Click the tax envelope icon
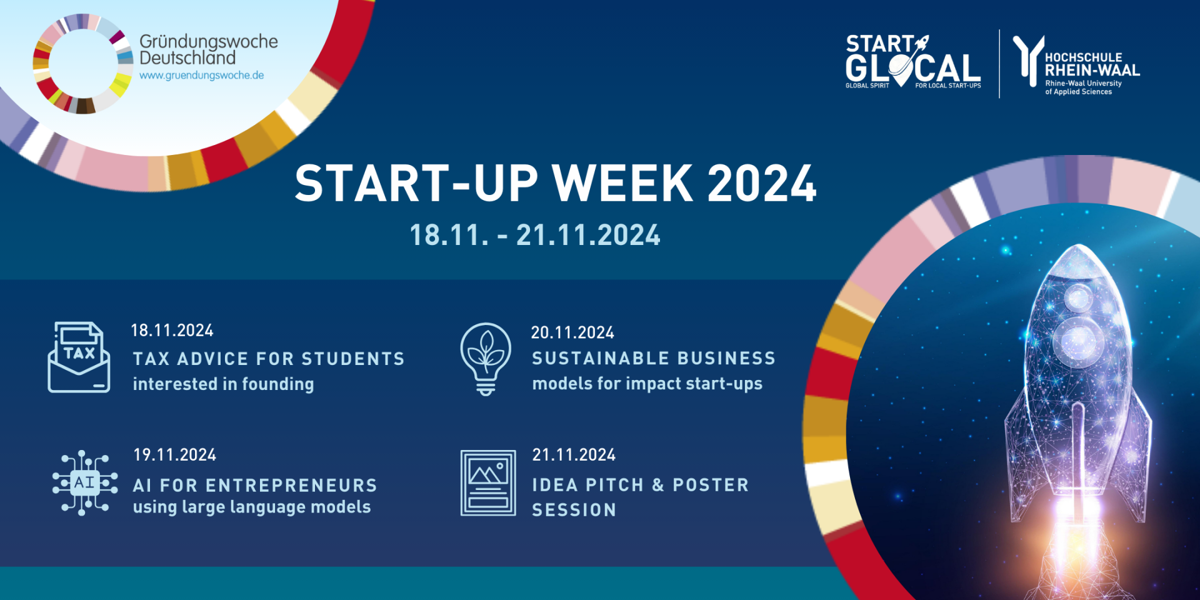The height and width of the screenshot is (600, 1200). coord(79,357)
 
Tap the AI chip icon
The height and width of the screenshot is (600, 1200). coord(85,482)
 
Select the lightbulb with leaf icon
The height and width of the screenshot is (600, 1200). coord(486,358)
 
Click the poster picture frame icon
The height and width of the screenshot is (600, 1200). coord(488,482)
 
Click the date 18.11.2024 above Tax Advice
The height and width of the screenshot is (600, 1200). coord(172,331)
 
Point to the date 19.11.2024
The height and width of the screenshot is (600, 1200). coord(174,455)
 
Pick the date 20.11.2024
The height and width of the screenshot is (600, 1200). coord(572,332)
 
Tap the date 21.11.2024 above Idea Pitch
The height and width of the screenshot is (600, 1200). coord(574,455)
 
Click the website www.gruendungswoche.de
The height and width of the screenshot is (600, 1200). coord(201,76)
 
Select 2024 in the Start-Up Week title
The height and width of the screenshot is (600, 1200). coord(762,184)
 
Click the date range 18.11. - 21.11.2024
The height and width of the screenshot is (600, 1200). coord(535,236)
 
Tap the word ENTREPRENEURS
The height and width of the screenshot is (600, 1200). coord(291,486)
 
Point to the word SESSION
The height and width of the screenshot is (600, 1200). coord(574,510)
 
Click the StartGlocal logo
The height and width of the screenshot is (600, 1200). coord(912,62)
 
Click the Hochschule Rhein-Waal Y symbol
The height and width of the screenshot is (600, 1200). coord(1028,59)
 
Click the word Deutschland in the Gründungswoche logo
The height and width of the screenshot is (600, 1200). coord(187,58)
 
